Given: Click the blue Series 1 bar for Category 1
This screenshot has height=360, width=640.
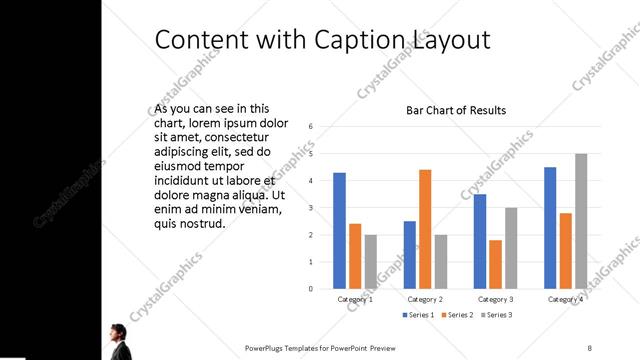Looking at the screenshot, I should (x=340, y=231).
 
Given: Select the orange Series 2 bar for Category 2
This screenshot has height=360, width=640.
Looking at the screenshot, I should (x=425, y=229).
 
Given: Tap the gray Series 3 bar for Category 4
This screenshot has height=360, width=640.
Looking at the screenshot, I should (x=581, y=221).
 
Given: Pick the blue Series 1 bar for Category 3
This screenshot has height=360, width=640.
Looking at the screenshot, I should (x=480, y=241).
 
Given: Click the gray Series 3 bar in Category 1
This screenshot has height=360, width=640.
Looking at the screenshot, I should (x=371, y=262).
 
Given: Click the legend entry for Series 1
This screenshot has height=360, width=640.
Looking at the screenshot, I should (x=418, y=315).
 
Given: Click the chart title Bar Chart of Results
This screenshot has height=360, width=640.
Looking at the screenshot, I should (x=455, y=110).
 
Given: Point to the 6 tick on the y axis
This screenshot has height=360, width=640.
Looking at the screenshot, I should (x=311, y=127).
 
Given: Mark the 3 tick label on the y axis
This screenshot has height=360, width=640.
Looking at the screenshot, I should (x=311, y=208).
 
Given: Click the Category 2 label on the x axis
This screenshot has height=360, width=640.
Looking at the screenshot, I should (x=425, y=299).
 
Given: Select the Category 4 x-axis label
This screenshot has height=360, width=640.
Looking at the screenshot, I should (x=566, y=299).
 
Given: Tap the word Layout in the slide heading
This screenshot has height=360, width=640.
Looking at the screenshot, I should (x=452, y=40).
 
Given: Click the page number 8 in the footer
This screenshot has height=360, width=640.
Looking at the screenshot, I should (x=590, y=347).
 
